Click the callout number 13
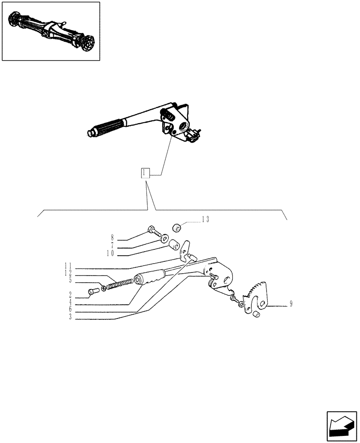click(205, 219)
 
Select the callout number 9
click(291, 304)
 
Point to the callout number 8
click(112, 237)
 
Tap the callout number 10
click(110, 253)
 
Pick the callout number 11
click(67, 266)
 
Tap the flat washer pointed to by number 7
click(164, 239)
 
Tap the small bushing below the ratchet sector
click(256, 315)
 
